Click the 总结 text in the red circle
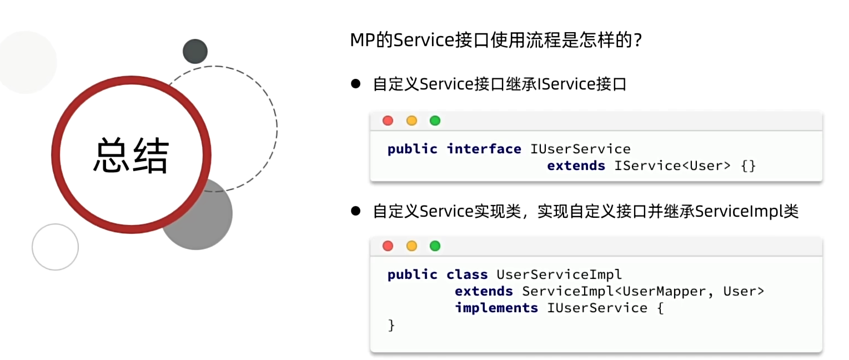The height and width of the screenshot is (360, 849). point(131,155)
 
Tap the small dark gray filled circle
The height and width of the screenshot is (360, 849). point(195,51)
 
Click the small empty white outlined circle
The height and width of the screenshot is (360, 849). point(55,247)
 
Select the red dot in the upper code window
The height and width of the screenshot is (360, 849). point(388,121)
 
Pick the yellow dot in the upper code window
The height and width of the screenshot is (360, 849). point(411,121)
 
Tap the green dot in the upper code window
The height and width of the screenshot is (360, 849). point(435,121)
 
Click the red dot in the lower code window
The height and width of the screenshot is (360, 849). point(388,246)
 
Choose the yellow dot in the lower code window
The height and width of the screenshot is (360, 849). point(411,246)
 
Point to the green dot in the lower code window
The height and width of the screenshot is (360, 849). point(435,246)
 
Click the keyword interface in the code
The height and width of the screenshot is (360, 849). point(484,149)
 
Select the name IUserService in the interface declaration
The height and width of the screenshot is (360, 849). point(580,149)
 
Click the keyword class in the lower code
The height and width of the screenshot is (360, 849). point(467,274)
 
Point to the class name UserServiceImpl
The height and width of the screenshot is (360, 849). point(559,274)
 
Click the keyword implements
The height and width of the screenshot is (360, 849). point(496,308)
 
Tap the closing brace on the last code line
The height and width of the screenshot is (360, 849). point(391,325)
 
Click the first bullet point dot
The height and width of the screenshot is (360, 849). point(355,84)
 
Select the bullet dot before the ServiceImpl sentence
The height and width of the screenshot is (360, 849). point(355,211)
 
